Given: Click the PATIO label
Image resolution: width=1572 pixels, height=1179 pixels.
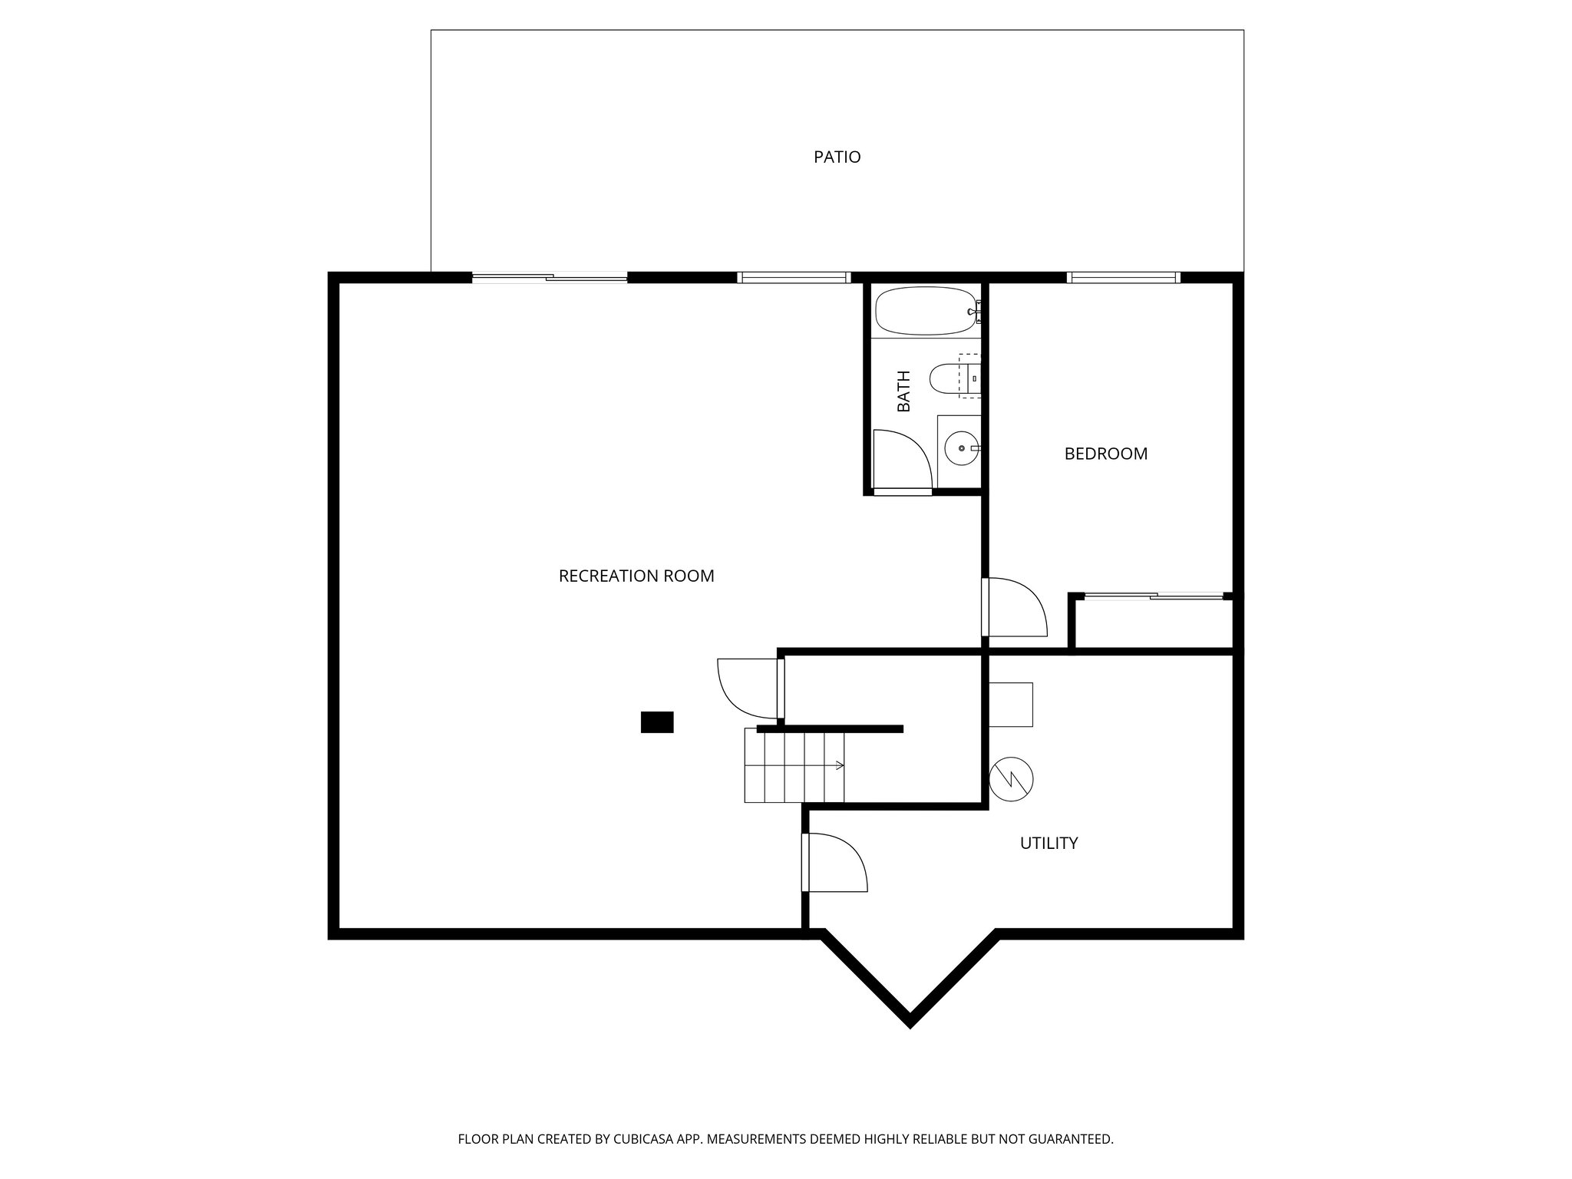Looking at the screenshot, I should (x=837, y=157).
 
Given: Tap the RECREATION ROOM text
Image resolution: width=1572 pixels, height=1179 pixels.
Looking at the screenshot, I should (x=636, y=576).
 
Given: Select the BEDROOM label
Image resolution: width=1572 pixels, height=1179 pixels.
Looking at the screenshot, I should (x=1105, y=454).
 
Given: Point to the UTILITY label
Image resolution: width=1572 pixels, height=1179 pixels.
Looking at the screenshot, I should (x=1049, y=843).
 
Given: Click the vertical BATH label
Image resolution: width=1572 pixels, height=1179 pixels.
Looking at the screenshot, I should (x=904, y=391).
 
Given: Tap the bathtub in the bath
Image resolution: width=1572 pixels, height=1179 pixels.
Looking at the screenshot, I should (x=925, y=311).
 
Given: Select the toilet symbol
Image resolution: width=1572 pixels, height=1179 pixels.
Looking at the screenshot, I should (x=952, y=378).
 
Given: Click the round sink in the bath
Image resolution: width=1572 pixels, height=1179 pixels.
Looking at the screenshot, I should (x=959, y=448).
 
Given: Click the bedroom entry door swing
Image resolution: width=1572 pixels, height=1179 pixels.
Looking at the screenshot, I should (x=1015, y=608).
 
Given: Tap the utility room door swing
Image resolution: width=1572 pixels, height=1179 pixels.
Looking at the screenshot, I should (x=835, y=863).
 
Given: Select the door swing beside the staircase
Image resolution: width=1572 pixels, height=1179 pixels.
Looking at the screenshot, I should (x=748, y=688).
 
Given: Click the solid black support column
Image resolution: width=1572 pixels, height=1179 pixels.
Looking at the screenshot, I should (x=657, y=722).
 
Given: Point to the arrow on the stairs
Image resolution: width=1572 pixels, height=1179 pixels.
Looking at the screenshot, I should (x=839, y=765).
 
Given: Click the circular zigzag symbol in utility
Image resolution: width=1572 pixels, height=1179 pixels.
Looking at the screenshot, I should (x=1011, y=780).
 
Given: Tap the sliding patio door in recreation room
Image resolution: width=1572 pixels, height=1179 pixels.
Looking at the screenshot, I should (x=550, y=278).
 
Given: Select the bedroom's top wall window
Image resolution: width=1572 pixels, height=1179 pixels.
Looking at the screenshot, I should (x=1123, y=277).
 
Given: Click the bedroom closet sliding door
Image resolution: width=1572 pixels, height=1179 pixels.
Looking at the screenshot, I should (x=1154, y=596).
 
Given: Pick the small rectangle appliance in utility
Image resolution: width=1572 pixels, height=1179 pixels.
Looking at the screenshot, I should (x=1010, y=704).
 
